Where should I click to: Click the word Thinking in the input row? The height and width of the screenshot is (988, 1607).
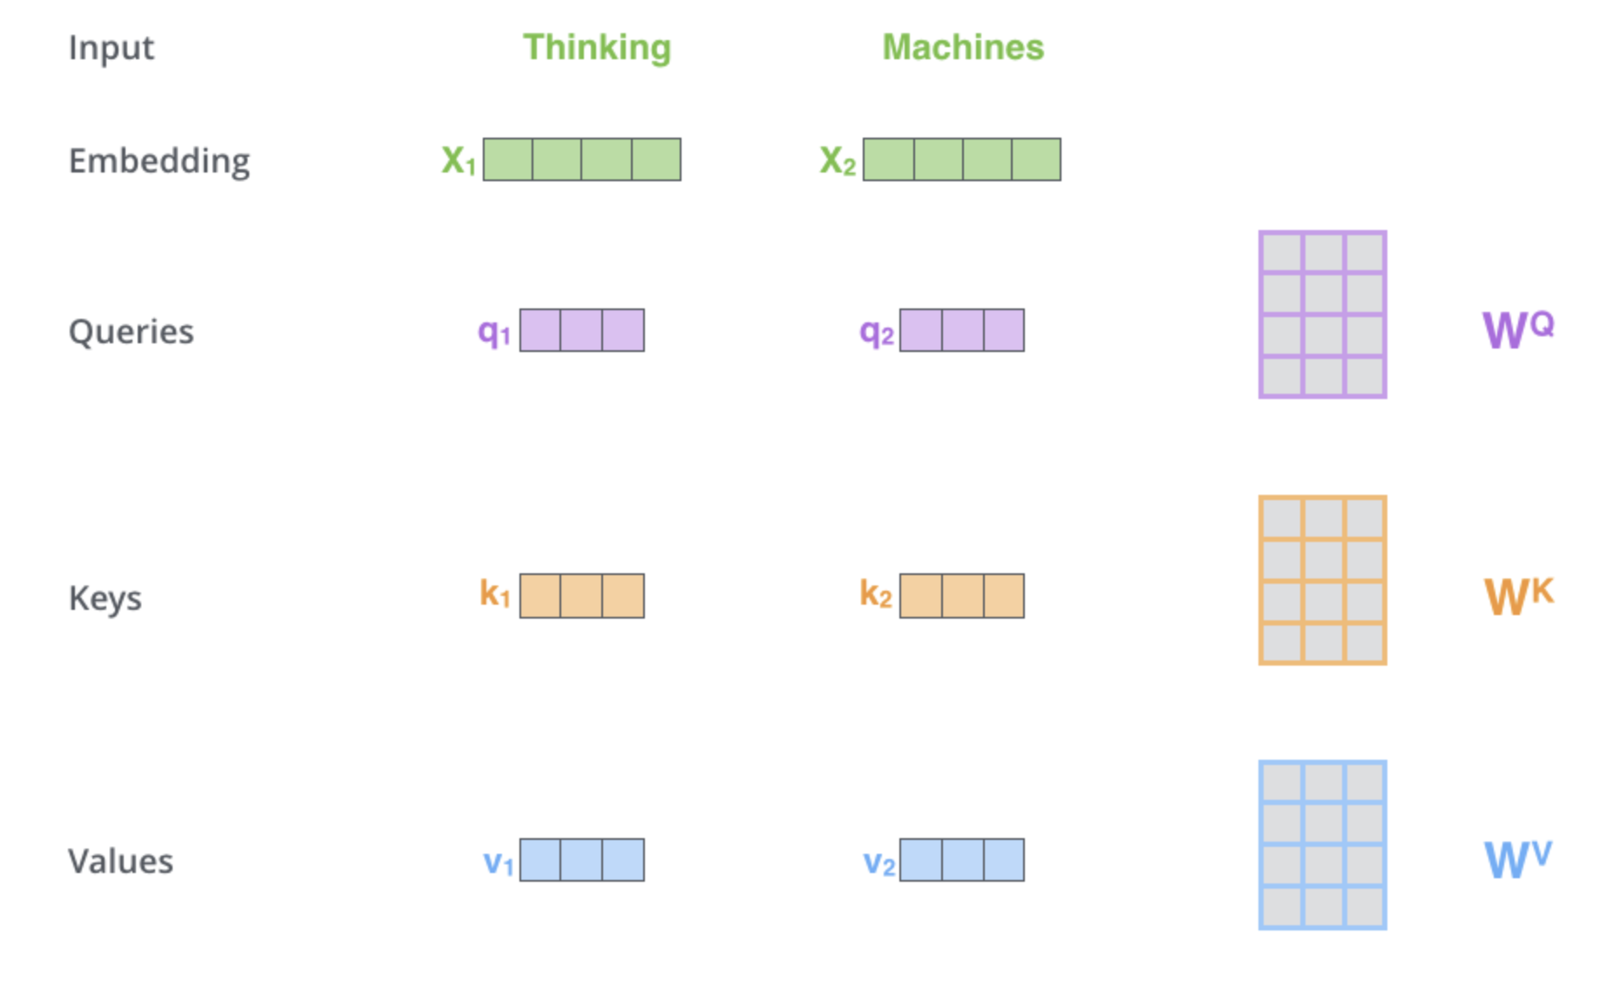pyautogui.click(x=597, y=48)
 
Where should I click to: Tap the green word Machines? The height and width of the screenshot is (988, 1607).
pyautogui.click(x=963, y=48)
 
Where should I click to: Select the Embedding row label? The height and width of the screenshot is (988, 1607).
pyautogui.click(x=159, y=161)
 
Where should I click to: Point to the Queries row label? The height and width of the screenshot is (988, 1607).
pyautogui.click(x=132, y=332)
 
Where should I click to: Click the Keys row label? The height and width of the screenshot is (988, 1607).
pyautogui.click(x=105, y=599)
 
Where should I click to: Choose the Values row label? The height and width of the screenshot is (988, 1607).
pyautogui.click(x=121, y=862)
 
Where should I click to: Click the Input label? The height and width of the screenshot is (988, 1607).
pyautogui.click(x=112, y=48)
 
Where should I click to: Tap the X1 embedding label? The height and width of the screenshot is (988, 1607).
pyautogui.click(x=458, y=160)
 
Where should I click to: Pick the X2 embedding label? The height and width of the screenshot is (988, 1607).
pyautogui.click(x=837, y=160)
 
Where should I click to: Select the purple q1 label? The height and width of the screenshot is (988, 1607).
pyautogui.click(x=494, y=332)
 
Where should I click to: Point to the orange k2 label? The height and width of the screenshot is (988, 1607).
pyautogui.click(x=876, y=595)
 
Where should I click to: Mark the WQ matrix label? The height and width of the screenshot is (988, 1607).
pyautogui.click(x=1517, y=329)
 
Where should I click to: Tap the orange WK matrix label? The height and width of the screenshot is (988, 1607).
pyautogui.click(x=1518, y=597)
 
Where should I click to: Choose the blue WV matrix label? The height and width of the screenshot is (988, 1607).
pyautogui.click(x=1517, y=860)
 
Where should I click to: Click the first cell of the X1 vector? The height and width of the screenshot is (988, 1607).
pyautogui.click(x=508, y=159)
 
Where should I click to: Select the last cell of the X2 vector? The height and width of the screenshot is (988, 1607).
pyautogui.click(x=1036, y=159)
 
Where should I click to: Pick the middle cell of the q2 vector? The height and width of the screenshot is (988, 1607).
pyautogui.click(x=962, y=330)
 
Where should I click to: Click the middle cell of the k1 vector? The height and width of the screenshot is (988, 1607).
pyautogui.click(x=581, y=596)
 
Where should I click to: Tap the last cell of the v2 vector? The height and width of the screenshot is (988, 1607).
pyautogui.click(x=1004, y=860)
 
